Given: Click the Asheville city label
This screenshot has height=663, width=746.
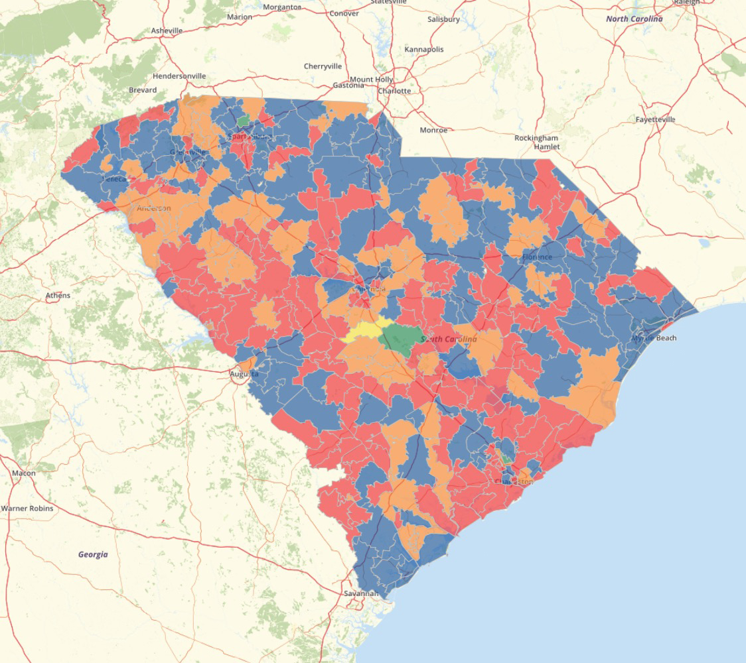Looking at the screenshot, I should coord(166,30).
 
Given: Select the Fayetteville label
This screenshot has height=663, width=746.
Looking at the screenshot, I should coord(655,119).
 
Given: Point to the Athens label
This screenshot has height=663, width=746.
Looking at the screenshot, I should coord(58,295).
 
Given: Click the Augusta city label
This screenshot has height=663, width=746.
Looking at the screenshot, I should coord(244,374).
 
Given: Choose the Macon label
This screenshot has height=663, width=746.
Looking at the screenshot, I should coord(24,473).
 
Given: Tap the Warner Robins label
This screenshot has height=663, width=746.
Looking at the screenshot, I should coord(27,509).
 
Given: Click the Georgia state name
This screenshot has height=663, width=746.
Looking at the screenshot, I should coord(93,554).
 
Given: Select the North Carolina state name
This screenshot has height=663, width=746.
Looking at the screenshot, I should coord(634,19).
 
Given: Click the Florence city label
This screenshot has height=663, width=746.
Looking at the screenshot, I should coord(537,257).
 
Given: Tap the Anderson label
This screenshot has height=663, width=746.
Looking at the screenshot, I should coord(154,208).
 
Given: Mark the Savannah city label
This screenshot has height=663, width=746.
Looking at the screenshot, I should coord(361,593).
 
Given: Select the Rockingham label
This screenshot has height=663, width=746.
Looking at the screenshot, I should coord(537,138).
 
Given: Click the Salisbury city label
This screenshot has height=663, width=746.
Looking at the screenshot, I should coord(443,20).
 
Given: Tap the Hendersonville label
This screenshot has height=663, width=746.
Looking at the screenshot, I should coord(179,76).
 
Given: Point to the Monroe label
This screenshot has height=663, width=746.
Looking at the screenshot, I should coord(433,131).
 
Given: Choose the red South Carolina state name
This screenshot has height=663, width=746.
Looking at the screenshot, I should coord(449,339).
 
